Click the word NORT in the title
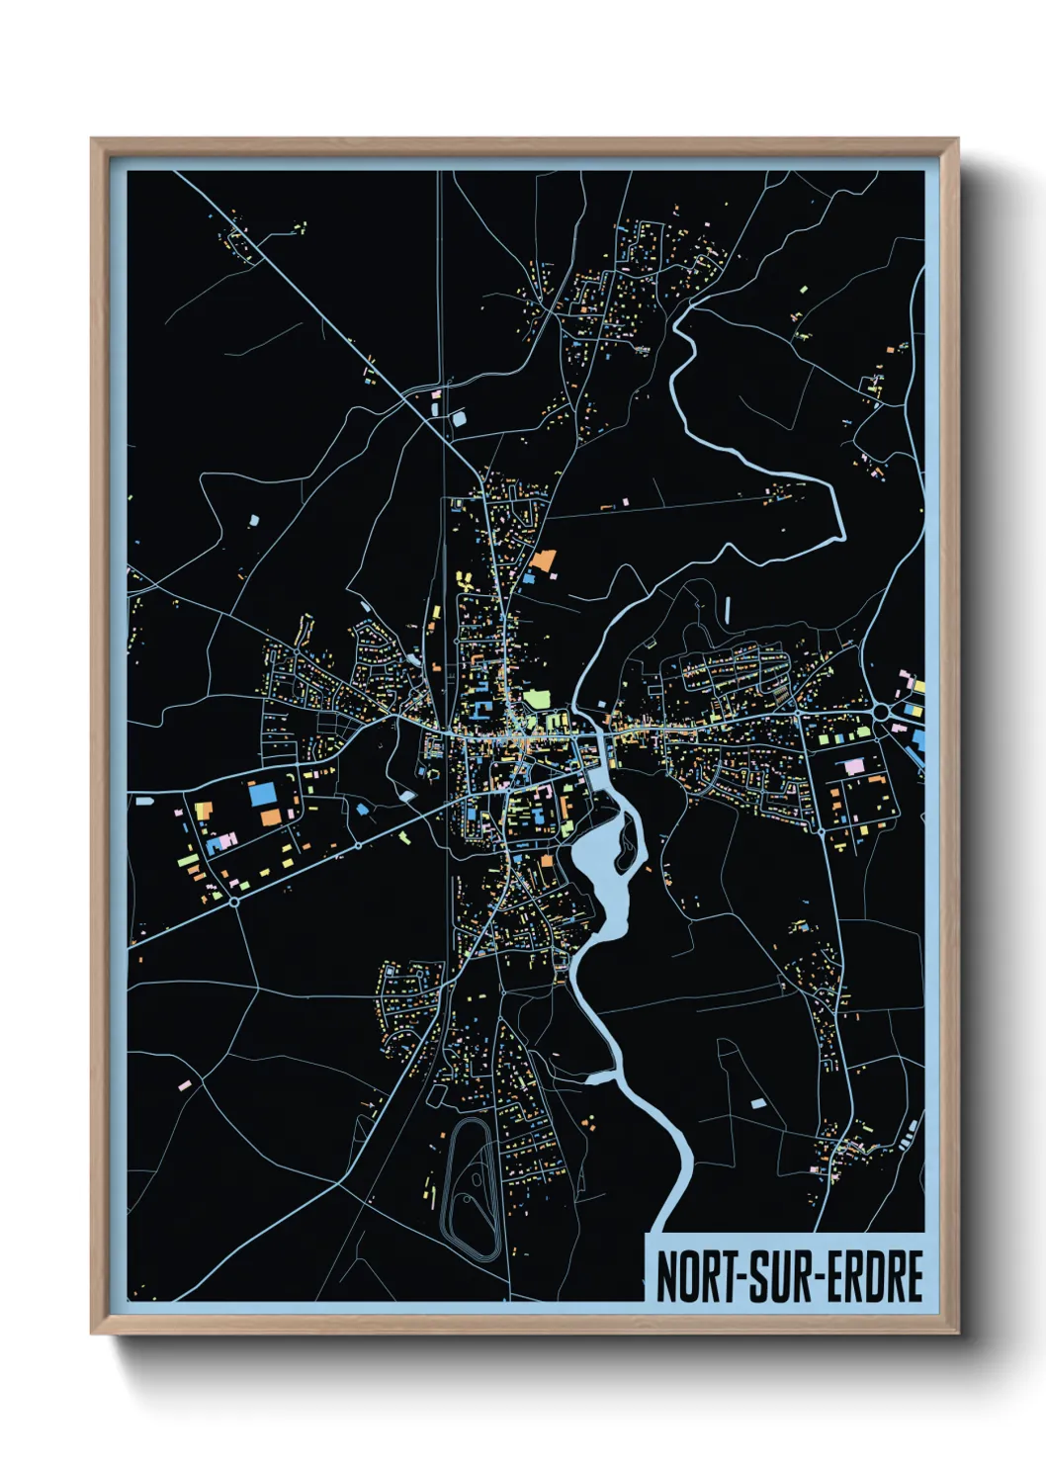(692, 1277)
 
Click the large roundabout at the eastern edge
(882, 711)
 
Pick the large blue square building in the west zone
(262, 794)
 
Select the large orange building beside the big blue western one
(271, 818)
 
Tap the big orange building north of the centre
(542, 560)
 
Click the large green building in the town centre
(536, 699)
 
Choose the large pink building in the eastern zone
(852, 766)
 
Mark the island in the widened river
(626, 842)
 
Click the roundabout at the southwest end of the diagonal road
(234, 901)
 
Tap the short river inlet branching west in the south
(600, 1076)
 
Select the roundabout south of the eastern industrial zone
(823, 830)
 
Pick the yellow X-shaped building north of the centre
(461, 579)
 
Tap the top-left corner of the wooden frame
(94, 141)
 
